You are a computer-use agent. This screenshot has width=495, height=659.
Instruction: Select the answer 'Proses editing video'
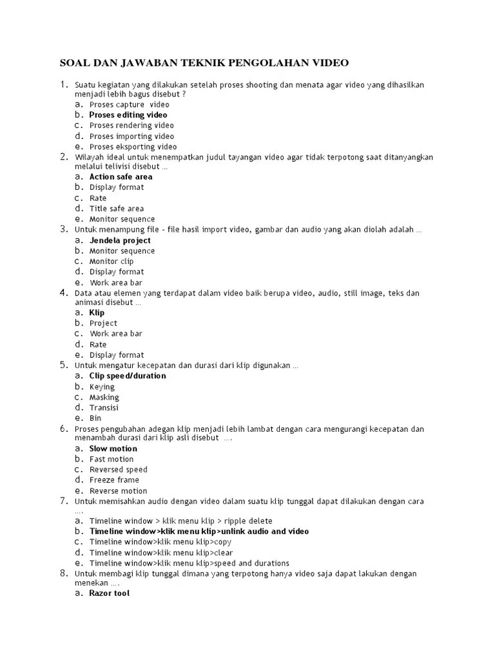pyautogui.click(x=128, y=115)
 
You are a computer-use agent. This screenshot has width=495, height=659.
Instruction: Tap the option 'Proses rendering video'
pyautogui.click(x=131, y=125)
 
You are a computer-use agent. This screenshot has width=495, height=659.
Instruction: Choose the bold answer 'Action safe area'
pyautogui.click(x=121, y=176)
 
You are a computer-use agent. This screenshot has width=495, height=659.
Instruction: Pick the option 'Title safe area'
pyautogui.click(x=117, y=209)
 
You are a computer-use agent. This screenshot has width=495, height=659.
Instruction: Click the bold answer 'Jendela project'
pyautogui.click(x=120, y=240)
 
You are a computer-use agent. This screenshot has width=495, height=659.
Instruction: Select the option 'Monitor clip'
pyautogui.click(x=112, y=261)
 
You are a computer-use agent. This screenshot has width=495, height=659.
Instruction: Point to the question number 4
pyautogui.click(x=64, y=293)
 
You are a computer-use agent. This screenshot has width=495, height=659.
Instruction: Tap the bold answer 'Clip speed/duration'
pyautogui.click(x=128, y=376)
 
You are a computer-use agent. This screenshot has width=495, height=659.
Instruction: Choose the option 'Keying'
pyautogui.click(x=102, y=387)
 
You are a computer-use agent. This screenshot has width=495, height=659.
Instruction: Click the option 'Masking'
pyautogui.click(x=104, y=397)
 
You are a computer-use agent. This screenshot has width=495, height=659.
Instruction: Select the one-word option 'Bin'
pyautogui.click(x=95, y=418)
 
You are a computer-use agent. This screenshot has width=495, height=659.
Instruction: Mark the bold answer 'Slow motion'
pyautogui.click(x=113, y=449)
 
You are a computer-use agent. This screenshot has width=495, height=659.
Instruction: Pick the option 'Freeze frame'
pyautogui.click(x=114, y=480)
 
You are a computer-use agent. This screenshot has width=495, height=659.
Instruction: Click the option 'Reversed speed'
pyautogui.click(x=118, y=470)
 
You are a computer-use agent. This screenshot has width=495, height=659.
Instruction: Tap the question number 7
pyautogui.click(x=64, y=501)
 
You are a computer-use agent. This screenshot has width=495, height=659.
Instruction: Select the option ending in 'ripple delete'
pyautogui.click(x=180, y=521)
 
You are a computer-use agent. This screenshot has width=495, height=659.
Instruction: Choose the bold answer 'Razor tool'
pyautogui.click(x=109, y=593)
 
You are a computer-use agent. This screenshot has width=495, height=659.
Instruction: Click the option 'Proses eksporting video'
pyautogui.click(x=133, y=147)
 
